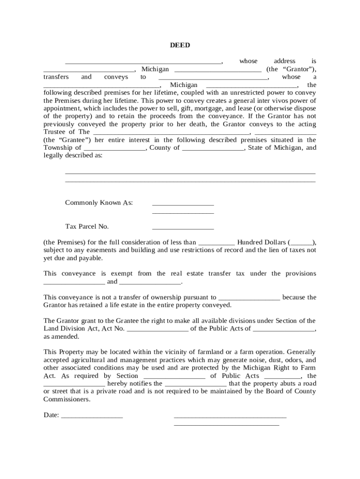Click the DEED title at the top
[180, 45]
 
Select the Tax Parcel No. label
[87, 226]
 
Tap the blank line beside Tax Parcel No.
[183, 229]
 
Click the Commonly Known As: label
[99, 203]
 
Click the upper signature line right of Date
[230, 416]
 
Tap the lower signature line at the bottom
[226, 425]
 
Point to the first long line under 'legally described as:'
[190, 173]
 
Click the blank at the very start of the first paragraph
[143, 63]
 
